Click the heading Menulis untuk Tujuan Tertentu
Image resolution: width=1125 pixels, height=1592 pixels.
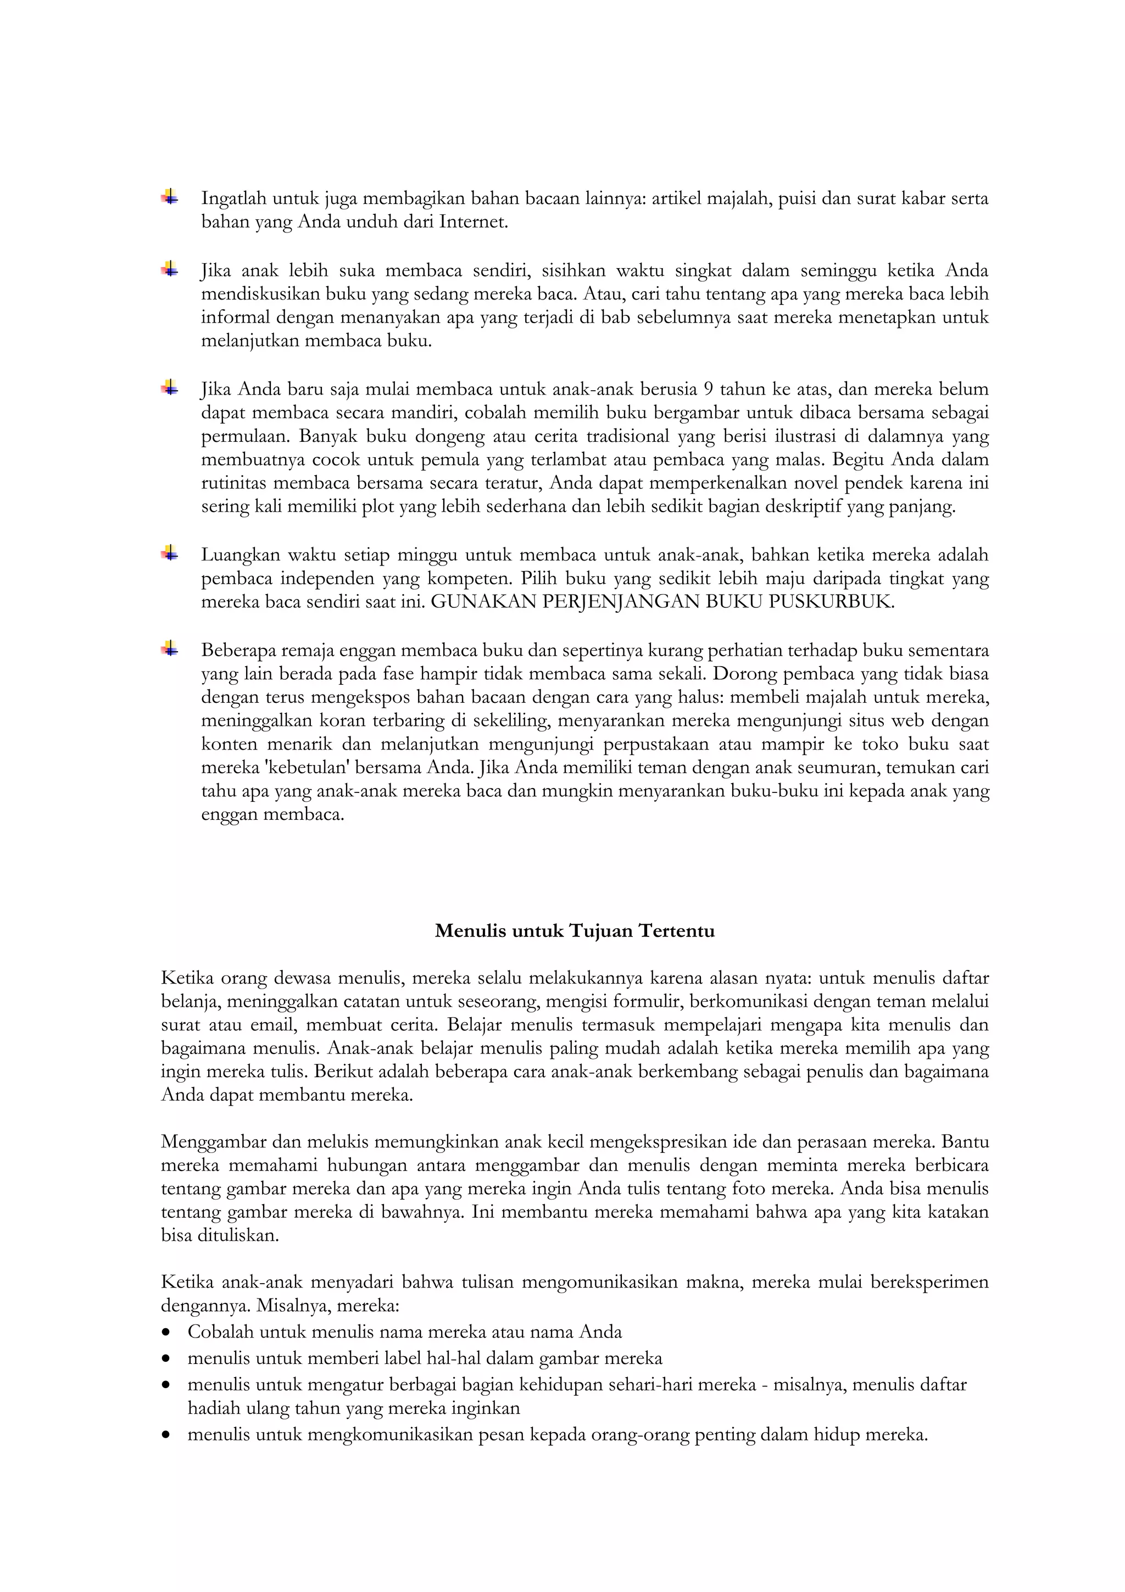(x=574, y=930)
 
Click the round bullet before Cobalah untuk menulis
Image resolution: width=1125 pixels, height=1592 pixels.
(x=166, y=1333)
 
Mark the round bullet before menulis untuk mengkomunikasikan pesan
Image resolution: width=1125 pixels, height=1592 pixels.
(x=166, y=1435)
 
